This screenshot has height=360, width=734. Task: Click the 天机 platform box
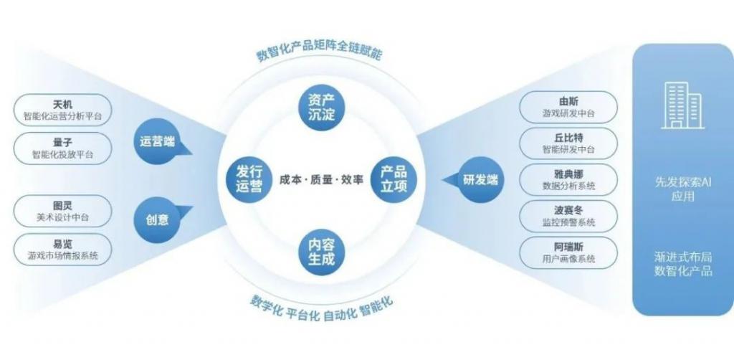coord(63,110)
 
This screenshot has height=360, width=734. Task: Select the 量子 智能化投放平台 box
coord(63,148)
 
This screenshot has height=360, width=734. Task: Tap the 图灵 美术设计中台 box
coord(63,211)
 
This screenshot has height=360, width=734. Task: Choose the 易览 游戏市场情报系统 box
coord(63,250)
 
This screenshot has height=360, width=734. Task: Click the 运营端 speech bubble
coord(159,141)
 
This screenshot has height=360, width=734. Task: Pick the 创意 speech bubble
coord(159,219)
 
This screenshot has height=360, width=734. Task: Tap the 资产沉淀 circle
coord(322,107)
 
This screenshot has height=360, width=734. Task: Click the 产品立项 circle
coord(394,179)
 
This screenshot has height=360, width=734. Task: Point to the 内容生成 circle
coord(322,252)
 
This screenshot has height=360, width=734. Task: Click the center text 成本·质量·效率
coord(321,180)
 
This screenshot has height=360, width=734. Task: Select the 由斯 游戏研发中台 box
coord(568,107)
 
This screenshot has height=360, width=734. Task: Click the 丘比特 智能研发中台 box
coord(568,143)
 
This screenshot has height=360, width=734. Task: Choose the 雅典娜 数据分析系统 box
coord(568,180)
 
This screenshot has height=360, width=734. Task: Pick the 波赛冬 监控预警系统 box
coord(568,217)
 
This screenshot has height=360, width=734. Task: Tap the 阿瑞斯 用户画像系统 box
coord(568,253)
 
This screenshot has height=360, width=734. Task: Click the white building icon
coord(683,105)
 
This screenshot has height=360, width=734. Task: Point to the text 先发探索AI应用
coord(683,189)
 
